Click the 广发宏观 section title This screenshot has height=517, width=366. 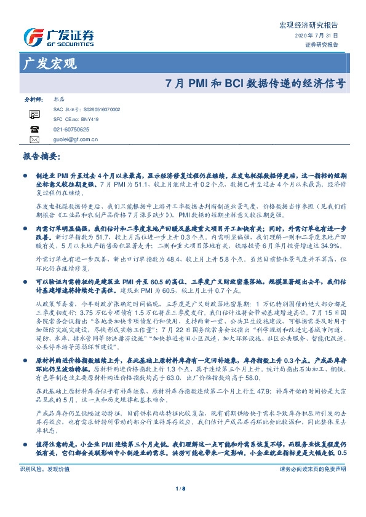point(48,64)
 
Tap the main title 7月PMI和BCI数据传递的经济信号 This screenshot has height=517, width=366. point(256,82)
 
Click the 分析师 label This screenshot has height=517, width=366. point(32,99)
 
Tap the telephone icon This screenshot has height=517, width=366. point(34,130)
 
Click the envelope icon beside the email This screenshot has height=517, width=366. point(34,140)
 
